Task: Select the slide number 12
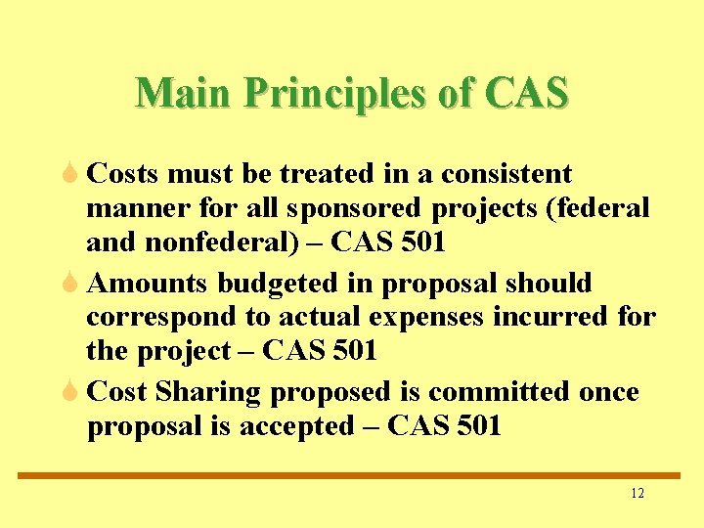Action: coord(638,493)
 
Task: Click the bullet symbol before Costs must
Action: coord(70,174)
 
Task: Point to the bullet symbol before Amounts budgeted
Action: coord(70,284)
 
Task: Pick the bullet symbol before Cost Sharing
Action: coord(70,392)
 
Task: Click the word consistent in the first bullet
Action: coord(506,174)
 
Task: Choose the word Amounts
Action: coord(148,284)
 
